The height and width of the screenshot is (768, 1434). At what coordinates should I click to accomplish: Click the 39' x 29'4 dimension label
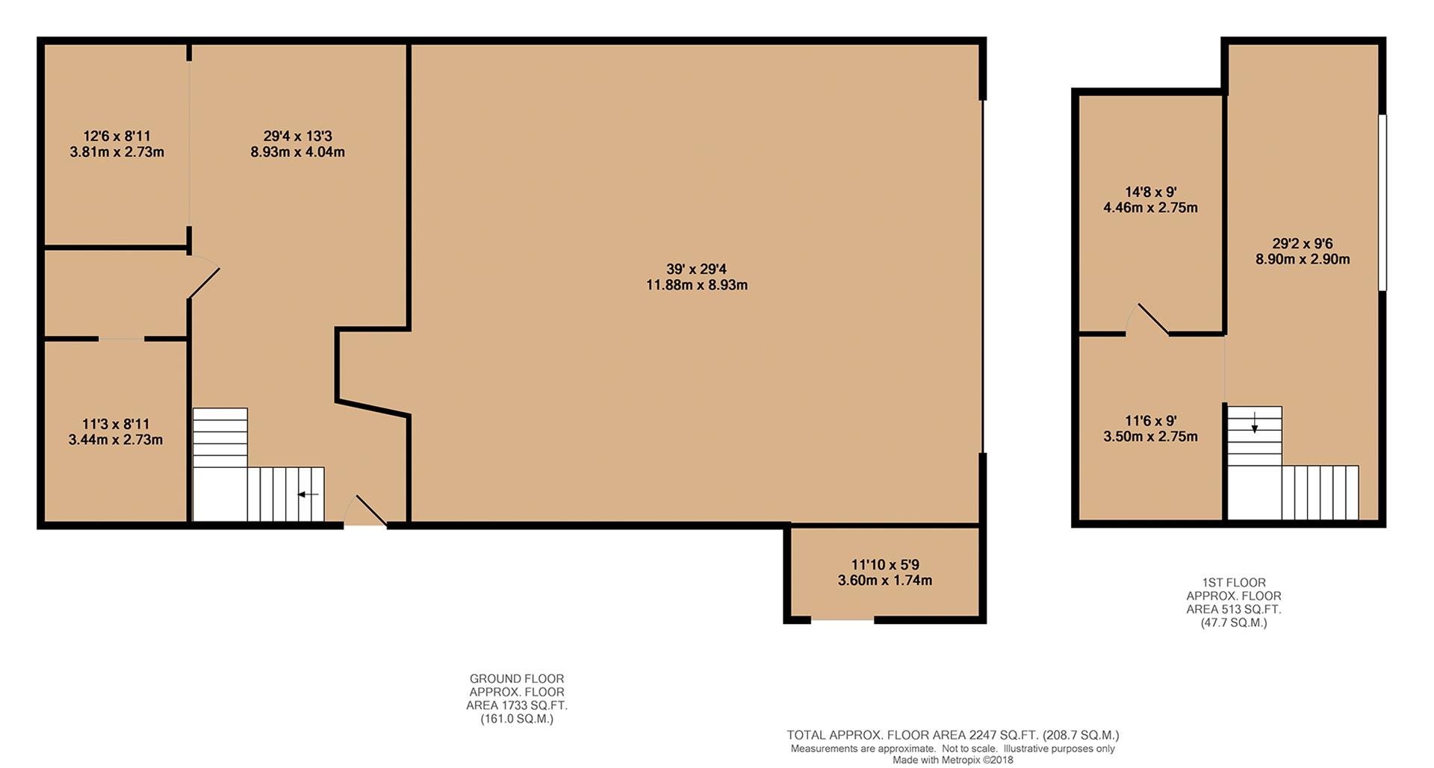pyautogui.click(x=696, y=269)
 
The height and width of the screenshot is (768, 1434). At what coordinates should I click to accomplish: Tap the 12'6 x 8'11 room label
pyautogui.click(x=117, y=137)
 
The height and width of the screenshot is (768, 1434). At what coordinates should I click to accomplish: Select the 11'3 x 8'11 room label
pyautogui.click(x=116, y=424)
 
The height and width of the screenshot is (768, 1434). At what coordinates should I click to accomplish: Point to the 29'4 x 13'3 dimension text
pyautogui.click(x=297, y=137)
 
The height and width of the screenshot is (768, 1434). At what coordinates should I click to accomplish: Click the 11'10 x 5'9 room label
pyautogui.click(x=884, y=565)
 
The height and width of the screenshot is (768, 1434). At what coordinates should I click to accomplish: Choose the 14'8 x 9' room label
pyautogui.click(x=1150, y=192)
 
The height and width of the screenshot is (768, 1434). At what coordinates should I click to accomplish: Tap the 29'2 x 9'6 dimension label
pyautogui.click(x=1303, y=243)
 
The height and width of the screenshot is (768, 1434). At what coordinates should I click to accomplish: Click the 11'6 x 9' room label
pyautogui.click(x=1150, y=421)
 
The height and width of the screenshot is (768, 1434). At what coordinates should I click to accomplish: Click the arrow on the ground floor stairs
pyautogui.click(x=308, y=494)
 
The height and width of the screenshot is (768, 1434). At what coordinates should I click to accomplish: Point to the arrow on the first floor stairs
pyautogui.click(x=1255, y=423)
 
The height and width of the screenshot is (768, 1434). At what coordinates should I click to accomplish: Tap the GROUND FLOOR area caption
pyautogui.click(x=517, y=699)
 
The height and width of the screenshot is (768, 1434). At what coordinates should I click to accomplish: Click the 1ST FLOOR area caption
pyautogui.click(x=1234, y=602)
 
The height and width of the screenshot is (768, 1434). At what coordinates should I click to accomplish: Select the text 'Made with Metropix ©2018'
pyautogui.click(x=953, y=761)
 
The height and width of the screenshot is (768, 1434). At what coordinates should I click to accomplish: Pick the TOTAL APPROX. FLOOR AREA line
pyautogui.click(x=953, y=736)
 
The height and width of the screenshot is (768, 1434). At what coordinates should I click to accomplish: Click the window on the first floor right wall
pyautogui.click(x=1382, y=202)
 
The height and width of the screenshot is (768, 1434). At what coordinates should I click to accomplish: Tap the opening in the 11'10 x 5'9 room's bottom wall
pyautogui.click(x=842, y=619)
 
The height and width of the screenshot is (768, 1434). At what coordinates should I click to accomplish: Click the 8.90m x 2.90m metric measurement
pyautogui.click(x=1303, y=260)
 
